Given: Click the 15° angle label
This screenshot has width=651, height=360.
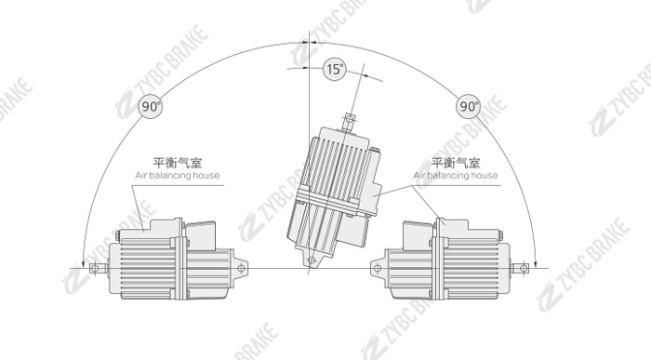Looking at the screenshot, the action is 335,69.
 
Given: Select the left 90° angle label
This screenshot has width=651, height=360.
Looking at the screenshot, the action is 150,106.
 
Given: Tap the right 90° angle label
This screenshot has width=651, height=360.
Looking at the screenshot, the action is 469,106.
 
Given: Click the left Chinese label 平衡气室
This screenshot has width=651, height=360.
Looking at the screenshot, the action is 178,163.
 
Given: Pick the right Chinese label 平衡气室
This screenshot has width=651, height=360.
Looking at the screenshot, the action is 456,163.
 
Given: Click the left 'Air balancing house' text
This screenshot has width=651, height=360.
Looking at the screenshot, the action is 178,175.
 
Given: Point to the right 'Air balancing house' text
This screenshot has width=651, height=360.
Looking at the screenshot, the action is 456,175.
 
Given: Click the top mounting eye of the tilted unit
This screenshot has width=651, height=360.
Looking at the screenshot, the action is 350,120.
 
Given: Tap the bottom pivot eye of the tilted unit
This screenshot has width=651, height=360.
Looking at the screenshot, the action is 311,260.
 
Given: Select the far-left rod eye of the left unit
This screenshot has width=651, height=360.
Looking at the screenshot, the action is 95,268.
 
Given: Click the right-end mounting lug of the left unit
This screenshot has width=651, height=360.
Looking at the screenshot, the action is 240,268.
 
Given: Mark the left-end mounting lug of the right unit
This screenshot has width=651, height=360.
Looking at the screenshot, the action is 378,268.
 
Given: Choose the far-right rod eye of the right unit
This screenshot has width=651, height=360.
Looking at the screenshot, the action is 524,268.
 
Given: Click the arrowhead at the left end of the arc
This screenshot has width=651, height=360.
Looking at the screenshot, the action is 84,263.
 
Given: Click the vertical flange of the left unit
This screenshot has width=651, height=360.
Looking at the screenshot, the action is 179,260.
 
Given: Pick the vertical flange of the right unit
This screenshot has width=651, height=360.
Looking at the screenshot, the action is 438,260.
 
